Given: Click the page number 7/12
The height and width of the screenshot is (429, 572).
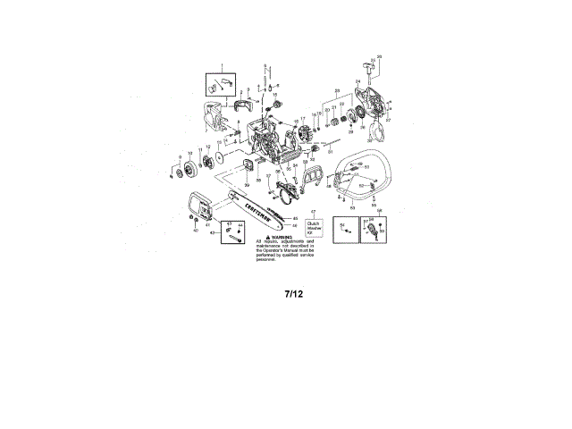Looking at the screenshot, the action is pyautogui.click(x=294, y=292).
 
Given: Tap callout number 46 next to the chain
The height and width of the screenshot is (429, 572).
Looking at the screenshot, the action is pyautogui.click(x=294, y=225).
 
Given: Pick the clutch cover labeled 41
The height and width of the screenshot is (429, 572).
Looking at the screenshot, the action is pyautogui.click(x=198, y=208).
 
